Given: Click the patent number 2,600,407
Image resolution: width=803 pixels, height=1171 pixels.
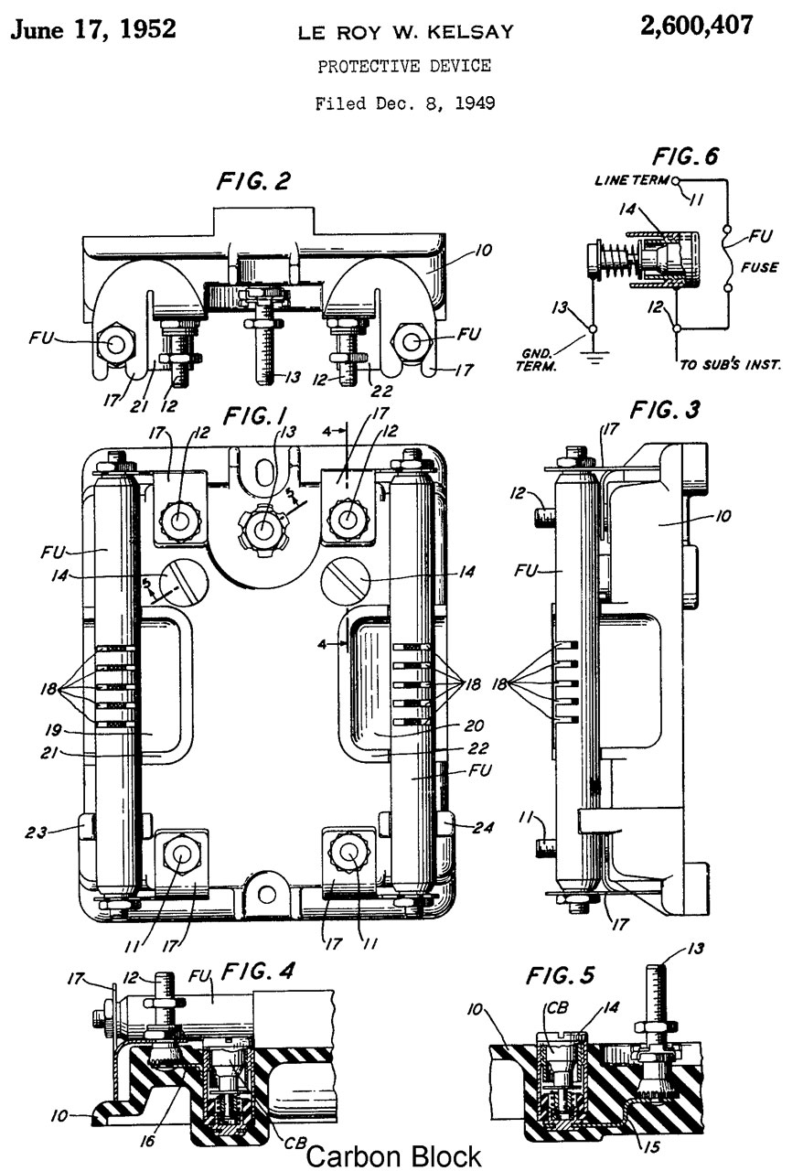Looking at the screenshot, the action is coord(696,27).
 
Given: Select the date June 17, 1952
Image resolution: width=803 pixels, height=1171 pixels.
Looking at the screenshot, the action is coord(93,29).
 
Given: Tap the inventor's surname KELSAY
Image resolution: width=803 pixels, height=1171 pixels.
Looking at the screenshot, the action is coord(470,32).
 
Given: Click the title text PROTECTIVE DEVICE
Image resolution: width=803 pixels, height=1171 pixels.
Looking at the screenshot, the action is coord(404,67).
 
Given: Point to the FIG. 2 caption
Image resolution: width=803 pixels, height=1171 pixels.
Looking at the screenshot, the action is coord(253,181).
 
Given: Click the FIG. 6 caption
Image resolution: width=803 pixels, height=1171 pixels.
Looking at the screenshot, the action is coord(685,156).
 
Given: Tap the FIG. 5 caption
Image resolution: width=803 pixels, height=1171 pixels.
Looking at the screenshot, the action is coord(560,975).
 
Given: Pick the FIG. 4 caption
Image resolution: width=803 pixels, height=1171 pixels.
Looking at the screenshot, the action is coord(257,972).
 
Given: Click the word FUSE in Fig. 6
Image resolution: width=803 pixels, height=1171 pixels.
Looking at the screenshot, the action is coord(759,267).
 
